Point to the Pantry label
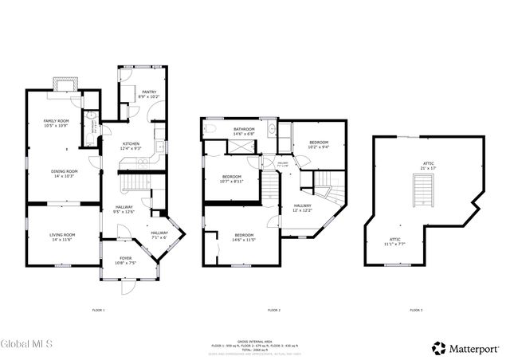[x=149, y=94]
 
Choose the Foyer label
[x=126, y=260]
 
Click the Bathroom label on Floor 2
[x=244, y=131]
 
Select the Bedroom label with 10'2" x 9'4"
[x=319, y=144]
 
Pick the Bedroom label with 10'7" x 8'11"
[x=232, y=178]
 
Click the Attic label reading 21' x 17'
[x=428, y=167]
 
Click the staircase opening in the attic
[x=422, y=191]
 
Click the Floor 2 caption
[x=273, y=310]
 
